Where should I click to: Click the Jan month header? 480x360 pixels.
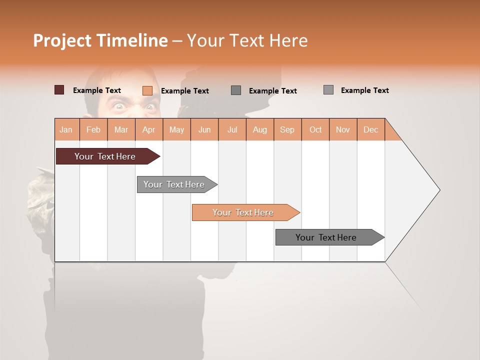[x=66, y=129]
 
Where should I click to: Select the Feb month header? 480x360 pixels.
[x=93, y=129]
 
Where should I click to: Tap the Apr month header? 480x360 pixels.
[x=148, y=129]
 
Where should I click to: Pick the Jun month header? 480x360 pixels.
[x=204, y=129]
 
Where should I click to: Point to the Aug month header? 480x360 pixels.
[x=259, y=129]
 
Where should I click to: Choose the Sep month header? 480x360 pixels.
[x=287, y=129]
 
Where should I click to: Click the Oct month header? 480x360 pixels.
[x=315, y=129]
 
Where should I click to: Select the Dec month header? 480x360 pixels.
[x=370, y=129]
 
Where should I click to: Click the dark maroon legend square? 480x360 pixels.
[x=59, y=90]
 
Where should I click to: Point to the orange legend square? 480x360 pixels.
[x=147, y=90]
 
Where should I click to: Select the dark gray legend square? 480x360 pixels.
[x=236, y=90]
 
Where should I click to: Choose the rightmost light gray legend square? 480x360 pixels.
[x=328, y=90]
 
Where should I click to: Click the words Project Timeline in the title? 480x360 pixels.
[x=100, y=40]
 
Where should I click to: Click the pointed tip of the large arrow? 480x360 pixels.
[x=438, y=190]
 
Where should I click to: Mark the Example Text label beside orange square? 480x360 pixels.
[x=184, y=90]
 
